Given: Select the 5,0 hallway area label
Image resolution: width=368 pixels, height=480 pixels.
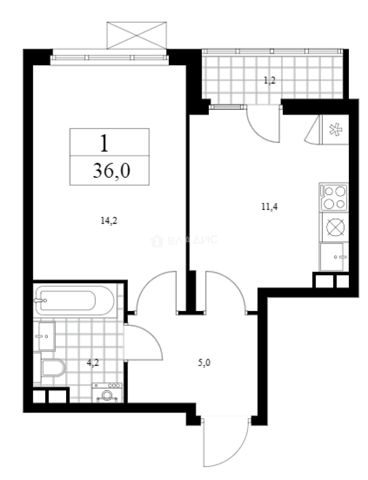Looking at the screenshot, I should pos(204,363).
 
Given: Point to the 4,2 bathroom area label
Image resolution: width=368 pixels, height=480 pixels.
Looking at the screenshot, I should pos(92,363).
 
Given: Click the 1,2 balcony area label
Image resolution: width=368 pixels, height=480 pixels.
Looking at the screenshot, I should pos(269,80).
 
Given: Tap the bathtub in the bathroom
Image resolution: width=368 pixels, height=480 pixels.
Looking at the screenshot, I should pos(67,300).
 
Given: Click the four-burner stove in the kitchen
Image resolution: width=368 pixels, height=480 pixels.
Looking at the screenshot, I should pos(333,197).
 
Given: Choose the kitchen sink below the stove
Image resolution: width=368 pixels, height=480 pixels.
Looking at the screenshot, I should pos(332,256).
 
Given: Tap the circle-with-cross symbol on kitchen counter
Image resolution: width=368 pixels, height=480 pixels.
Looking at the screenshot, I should pos(333,227).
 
